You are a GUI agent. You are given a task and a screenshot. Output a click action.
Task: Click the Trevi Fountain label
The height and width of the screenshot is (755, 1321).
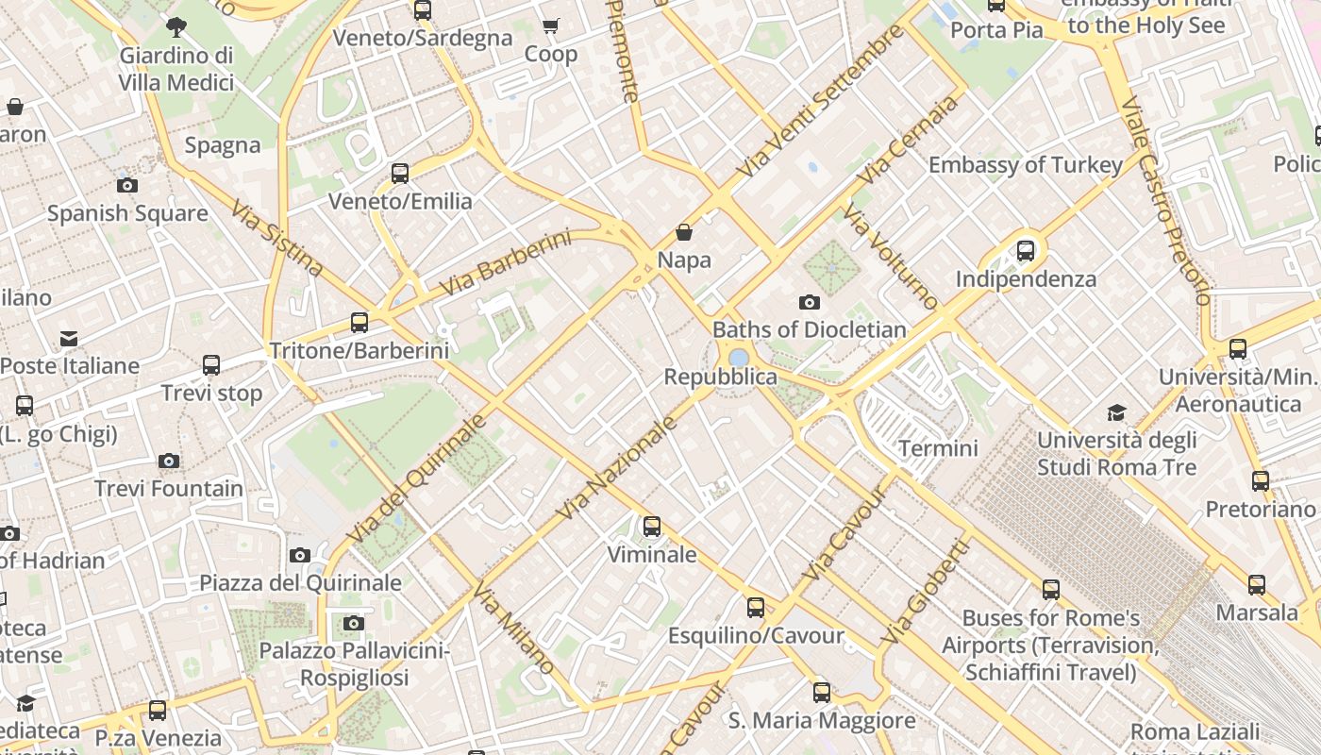[x=169, y=489]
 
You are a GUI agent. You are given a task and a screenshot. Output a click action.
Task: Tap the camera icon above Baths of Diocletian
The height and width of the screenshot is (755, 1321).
[x=809, y=303]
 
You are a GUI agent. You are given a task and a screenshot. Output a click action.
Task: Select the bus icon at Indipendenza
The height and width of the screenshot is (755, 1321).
[x=1026, y=251]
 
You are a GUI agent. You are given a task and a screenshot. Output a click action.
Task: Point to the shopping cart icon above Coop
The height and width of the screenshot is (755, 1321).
[x=551, y=25]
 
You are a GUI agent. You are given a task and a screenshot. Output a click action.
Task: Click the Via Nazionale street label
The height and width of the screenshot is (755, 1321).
[x=618, y=469]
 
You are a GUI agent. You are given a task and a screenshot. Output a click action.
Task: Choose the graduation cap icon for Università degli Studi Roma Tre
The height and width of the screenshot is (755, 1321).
[x=1117, y=412]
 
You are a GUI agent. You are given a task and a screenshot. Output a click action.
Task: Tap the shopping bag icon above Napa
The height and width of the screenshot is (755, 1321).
[x=684, y=232]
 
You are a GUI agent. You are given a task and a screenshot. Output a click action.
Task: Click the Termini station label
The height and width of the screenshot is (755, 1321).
[x=938, y=448]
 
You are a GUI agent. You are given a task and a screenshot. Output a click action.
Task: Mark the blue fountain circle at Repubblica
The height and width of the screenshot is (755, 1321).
[x=739, y=358]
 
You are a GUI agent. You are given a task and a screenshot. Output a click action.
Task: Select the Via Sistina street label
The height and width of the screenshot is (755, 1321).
[x=276, y=239]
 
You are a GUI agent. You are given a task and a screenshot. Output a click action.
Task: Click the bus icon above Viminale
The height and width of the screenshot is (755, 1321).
[x=652, y=527]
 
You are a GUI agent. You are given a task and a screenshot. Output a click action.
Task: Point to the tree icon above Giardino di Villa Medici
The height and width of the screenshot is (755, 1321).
[x=176, y=26]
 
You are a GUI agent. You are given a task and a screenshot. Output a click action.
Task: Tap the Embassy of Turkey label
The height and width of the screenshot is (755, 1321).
[x=1026, y=165]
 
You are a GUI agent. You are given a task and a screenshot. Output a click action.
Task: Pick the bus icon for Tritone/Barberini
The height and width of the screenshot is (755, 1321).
[x=360, y=323]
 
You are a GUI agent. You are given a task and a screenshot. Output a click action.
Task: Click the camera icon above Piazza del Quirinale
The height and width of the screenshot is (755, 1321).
[x=300, y=555]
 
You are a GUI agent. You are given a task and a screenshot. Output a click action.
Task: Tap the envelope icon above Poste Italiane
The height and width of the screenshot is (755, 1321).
[x=69, y=338]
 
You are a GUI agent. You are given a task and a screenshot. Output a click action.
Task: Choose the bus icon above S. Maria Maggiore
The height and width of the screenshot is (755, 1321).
[x=822, y=693]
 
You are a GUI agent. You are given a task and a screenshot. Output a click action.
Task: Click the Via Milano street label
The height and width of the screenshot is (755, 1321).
[x=514, y=629]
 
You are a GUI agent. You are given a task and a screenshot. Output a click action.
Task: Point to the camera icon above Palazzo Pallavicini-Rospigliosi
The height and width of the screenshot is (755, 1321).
[x=354, y=623]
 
